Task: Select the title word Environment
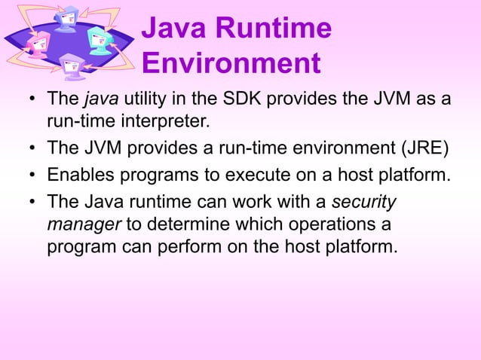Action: [x=231, y=64]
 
